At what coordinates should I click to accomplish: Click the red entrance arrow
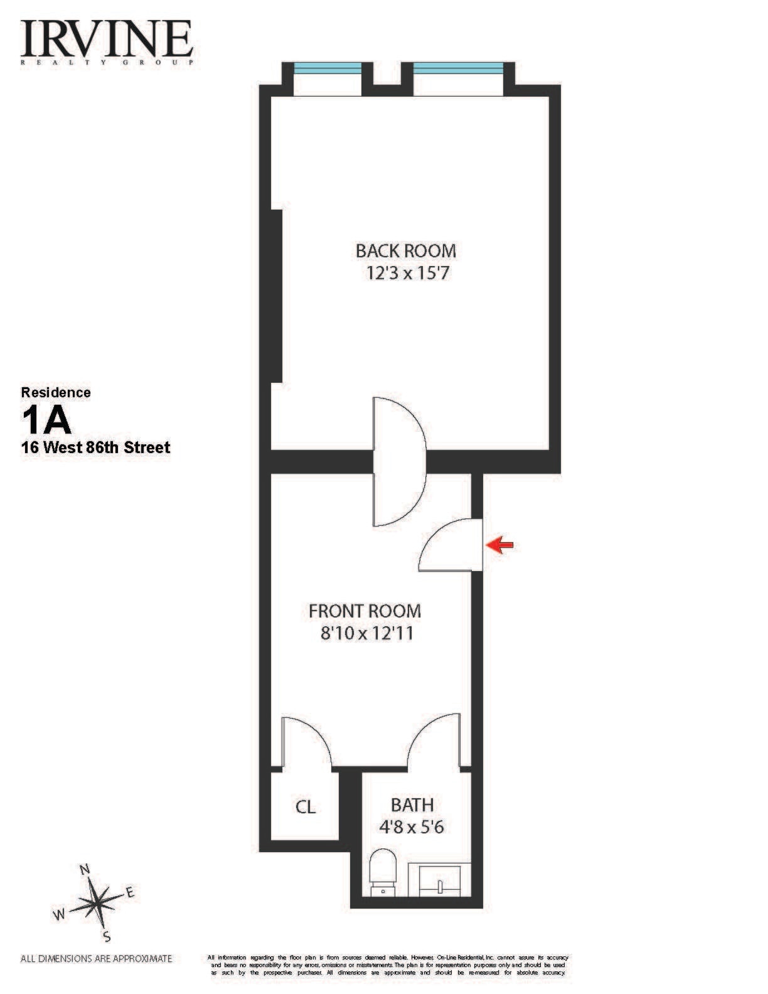500,545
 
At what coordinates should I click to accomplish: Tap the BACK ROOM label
406,251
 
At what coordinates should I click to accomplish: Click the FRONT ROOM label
365,611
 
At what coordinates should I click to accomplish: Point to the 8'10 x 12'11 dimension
367,633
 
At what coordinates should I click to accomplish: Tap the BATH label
412,804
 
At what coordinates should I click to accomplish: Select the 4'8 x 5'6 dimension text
412,827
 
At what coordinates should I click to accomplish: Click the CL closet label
306,807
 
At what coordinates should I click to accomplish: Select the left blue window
328,68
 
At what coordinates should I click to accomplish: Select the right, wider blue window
457,68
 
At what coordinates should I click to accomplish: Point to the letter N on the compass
85,870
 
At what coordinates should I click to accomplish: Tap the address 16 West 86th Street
95,448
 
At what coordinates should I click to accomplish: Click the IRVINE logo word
106,39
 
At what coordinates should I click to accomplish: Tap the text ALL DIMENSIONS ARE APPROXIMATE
96,958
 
